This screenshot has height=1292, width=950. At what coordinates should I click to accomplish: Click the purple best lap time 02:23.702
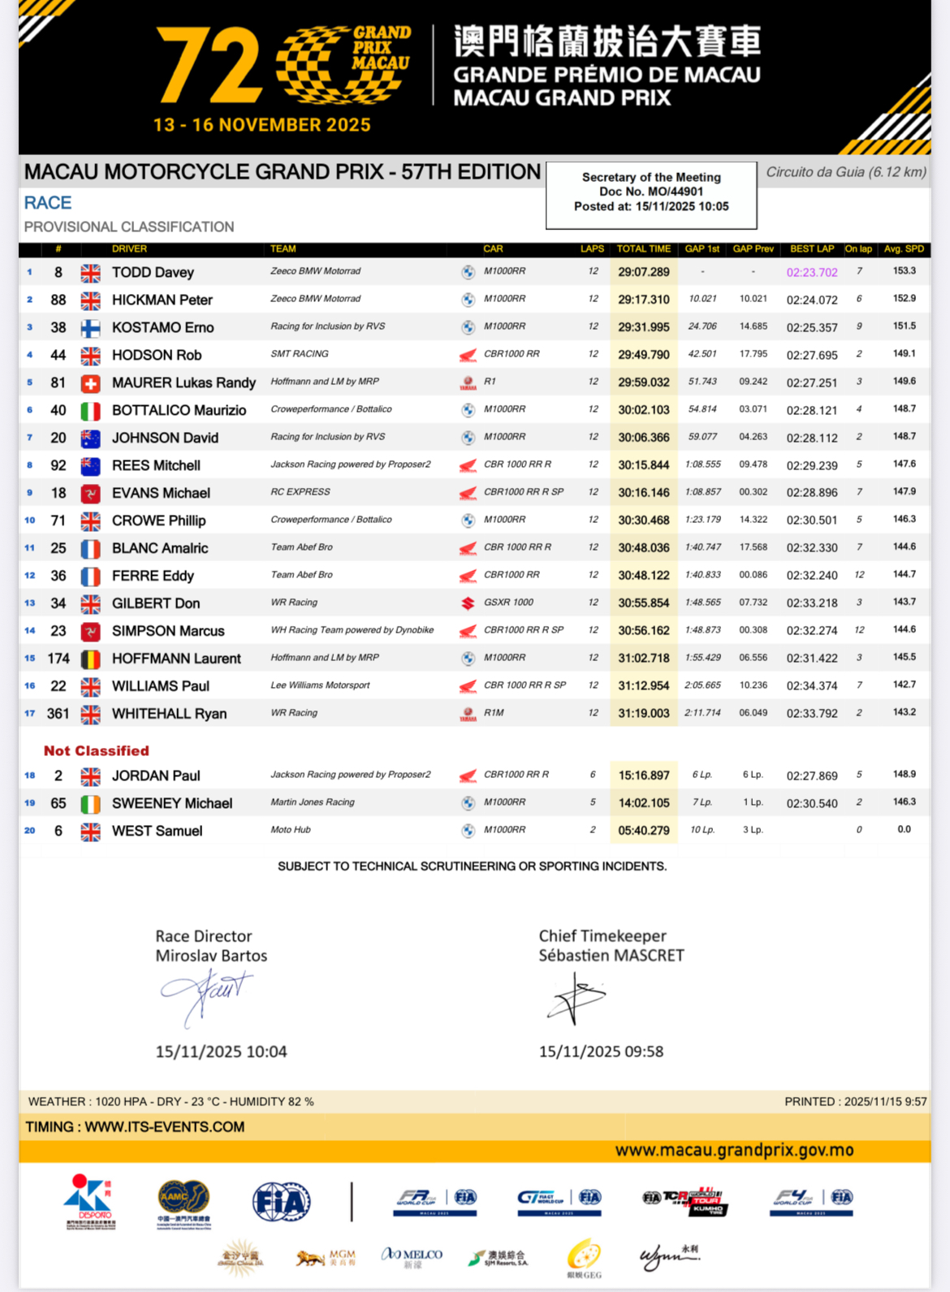tap(811, 273)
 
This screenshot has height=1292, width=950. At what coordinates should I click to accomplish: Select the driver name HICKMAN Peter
tap(162, 300)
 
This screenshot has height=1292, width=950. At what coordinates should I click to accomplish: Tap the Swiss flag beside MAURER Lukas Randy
tap(90, 383)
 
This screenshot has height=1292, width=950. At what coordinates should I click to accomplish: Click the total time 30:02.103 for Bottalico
tap(644, 410)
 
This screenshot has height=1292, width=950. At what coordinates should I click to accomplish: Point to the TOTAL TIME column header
tap(643, 248)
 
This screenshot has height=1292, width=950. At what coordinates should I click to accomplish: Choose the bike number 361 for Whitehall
tap(58, 714)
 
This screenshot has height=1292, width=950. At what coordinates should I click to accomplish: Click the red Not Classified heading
tap(96, 751)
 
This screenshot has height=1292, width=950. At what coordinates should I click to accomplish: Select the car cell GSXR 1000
tap(508, 603)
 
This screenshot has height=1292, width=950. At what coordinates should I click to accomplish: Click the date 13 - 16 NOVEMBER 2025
tap(261, 125)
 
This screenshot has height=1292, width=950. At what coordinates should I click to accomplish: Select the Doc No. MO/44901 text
tap(650, 192)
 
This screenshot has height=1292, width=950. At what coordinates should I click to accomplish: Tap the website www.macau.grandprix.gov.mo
tap(734, 1150)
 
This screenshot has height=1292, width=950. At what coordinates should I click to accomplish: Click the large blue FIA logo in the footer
tap(281, 1202)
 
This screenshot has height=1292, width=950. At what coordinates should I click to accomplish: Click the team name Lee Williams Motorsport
tap(320, 685)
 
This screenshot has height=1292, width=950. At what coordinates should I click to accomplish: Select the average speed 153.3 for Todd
tap(904, 271)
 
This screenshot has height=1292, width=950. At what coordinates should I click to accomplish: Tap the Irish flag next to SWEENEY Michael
tap(90, 804)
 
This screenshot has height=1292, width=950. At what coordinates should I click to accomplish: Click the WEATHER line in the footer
tap(171, 1102)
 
